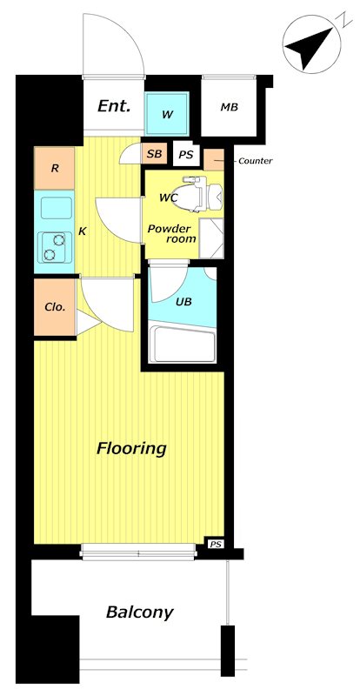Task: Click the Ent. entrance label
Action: pyautogui.click(x=114, y=106)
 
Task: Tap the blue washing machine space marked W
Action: pyautogui.click(x=167, y=114)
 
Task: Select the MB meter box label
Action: pyautogui.click(x=230, y=107)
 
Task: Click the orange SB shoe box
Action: pyautogui.click(x=154, y=154)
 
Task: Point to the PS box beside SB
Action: pyautogui.click(x=186, y=155)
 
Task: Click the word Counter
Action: pyautogui.click(x=256, y=161)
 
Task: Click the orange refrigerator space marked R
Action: pyautogui.click(x=54, y=168)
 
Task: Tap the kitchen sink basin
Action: pyautogui.click(x=57, y=208)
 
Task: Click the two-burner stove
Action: pyautogui.click(x=55, y=247)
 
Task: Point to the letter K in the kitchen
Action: pyautogui.click(x=82, y=231)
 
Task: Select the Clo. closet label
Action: pyautogui.click(x=55, y=307)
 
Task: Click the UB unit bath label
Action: pyautogui.click(x=183, y=302)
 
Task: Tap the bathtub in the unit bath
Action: pyautogui.click(x=183, y=345)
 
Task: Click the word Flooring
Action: pyautogui.click(x=131, y=448)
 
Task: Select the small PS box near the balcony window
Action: pyautogui.click(x=215, y=543)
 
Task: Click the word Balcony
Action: pyautogui.click(x=139, y=612)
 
